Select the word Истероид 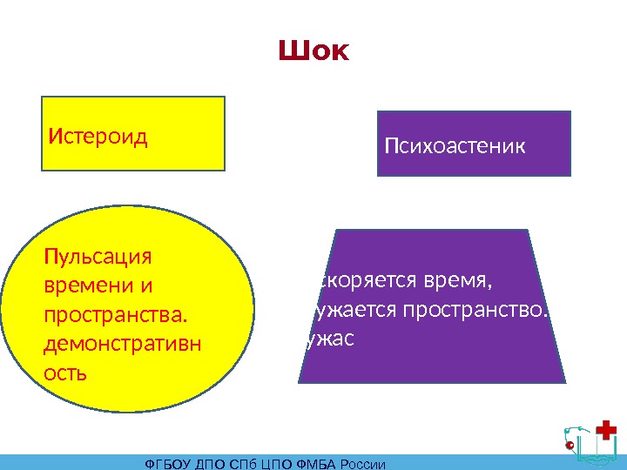[x=98, y=137]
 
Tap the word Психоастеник [x=455, y=145]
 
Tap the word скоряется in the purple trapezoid [x=354, y=282]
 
